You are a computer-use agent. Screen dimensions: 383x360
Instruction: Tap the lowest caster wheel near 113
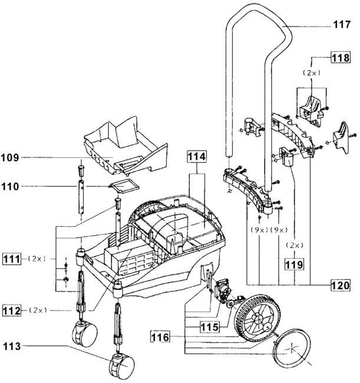point(122,369)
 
